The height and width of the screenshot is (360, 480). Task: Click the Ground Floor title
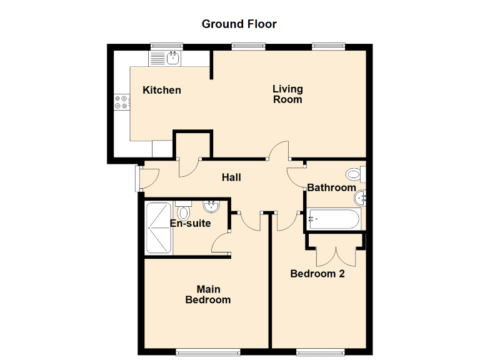coord(239,24)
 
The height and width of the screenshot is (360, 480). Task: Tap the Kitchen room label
coord(162,90)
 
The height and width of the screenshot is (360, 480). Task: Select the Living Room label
coord(287,94)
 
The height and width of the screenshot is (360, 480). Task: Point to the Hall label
coord(231,177)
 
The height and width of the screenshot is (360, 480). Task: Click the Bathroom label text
coord(331,187)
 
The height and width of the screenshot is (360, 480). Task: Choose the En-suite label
coord(190,223)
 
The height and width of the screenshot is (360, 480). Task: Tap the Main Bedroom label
coord(208,294)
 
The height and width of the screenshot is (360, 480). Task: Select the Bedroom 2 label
coord(317,274)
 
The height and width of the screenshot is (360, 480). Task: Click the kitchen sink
coord(166,59)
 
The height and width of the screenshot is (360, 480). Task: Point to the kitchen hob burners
coord(121,102)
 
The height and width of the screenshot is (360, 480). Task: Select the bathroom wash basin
coord(360,199)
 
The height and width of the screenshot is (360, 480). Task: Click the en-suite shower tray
coord(159,228)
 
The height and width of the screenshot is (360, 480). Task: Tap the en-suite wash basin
coord(211,206)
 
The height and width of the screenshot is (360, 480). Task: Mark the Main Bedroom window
coord(207,351)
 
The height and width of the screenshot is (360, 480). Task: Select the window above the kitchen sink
coord(166,46)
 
